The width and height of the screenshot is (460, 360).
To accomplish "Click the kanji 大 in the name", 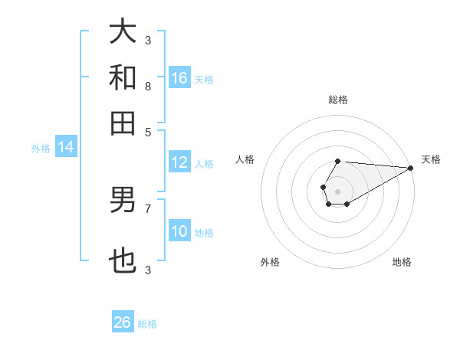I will click(123, 32).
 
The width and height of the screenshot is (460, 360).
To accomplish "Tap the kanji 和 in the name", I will click(123, 77).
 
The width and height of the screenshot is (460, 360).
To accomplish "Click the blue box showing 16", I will click(179, 77).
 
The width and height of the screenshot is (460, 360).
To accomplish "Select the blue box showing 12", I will click(179, 162).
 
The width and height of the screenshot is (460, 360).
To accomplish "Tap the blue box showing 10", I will click(179, 231).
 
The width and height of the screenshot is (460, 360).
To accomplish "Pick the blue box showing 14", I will click(66, 148).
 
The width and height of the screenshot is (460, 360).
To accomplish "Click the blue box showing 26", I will click(123, 322).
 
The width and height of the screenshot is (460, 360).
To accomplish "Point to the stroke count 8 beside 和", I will click(148, 87).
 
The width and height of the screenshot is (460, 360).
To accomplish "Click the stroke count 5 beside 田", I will click(148, 131).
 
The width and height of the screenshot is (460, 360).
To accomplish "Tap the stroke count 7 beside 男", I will click(148, 208).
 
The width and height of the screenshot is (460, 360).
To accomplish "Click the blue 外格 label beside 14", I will click(40, 149).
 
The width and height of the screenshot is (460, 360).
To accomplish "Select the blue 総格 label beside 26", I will click(147, 324).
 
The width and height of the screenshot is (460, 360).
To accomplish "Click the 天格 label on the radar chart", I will click(431, 159).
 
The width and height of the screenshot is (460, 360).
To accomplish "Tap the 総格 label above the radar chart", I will click(338, 100).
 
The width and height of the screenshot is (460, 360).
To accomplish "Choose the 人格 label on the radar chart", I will click(245, 159).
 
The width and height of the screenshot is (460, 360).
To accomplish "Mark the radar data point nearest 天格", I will click(411, 168).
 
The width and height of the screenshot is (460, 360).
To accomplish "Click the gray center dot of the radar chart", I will click(337, 190).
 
